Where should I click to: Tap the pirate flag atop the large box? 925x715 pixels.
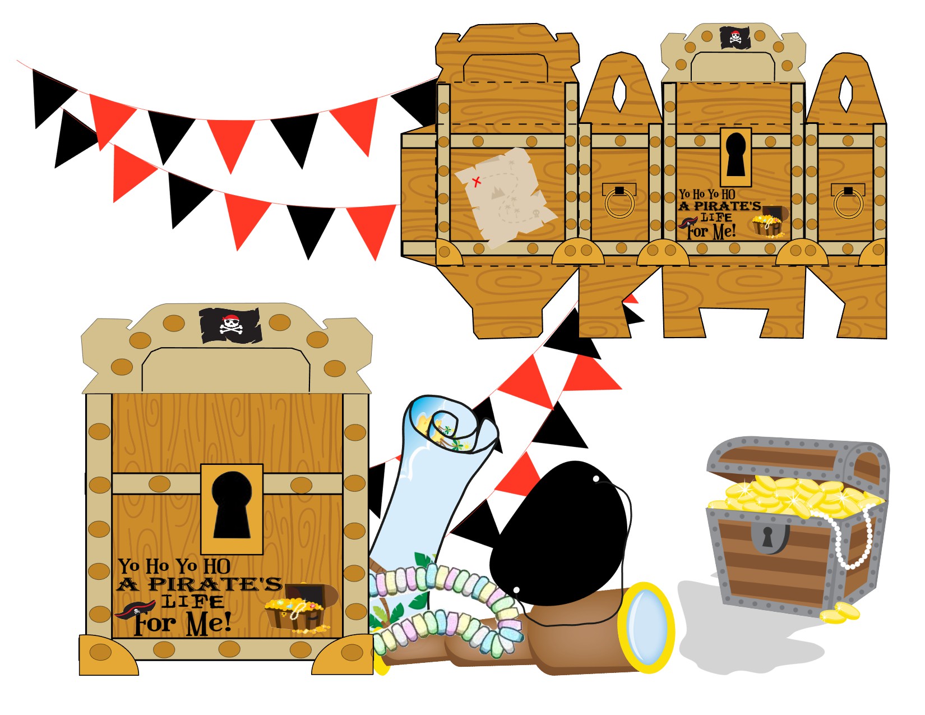[230, 325]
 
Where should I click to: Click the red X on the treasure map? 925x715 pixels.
[477, 182]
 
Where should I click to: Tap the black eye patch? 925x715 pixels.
[561, 533]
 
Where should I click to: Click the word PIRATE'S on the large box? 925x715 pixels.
[215, 584]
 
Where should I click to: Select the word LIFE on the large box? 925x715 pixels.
[192, 602]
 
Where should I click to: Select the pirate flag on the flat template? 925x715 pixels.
[735, 37]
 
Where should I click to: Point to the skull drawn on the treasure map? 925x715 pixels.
[535, 214]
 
